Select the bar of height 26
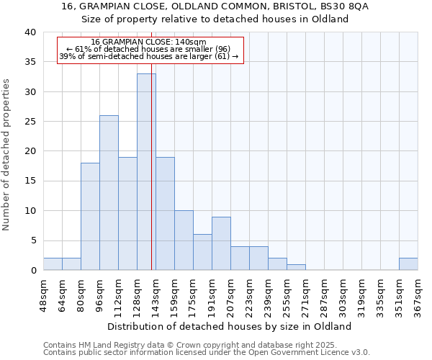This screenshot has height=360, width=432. (x=109, y=192)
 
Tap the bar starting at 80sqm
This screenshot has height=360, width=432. (x=90, y=216)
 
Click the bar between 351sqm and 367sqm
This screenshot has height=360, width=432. (x=408, y=264)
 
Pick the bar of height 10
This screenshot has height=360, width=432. (x=184, y=240)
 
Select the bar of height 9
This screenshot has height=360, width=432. (x=221, y=243)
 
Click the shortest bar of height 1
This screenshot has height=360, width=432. (x=296, y=267)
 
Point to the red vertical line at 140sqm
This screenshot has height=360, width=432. (x=152, y=180)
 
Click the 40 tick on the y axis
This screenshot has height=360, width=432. (x=30, y=32)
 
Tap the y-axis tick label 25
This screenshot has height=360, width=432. (x=30, y=122)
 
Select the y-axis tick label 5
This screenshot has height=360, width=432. (x=33, y=240)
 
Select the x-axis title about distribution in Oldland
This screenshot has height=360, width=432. (x=233, y=326)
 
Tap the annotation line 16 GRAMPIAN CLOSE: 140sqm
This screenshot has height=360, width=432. (x=149, y=42)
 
